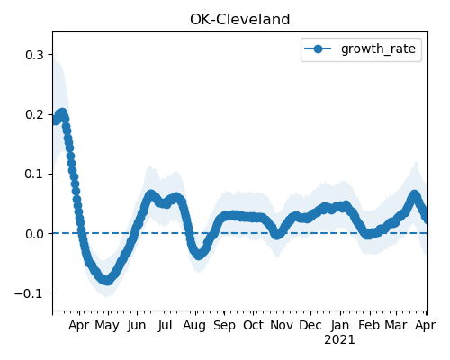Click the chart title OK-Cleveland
tap(240, 20)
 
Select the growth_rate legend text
tap(378, 49)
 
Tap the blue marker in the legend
tap(318, 49)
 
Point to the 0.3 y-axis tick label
tap(34, 55)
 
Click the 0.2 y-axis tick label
tap(34, 114)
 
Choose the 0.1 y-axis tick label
tap(34, 174)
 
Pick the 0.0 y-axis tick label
tap(34, 234)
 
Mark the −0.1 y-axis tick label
tap(29, 293)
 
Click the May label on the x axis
tap(107, 326)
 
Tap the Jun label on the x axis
tap(137, 326)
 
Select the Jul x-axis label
tap(165, 326)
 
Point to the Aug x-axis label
tap(194, 326)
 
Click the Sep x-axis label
tap(224, 326)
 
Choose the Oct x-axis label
tap(254, 326)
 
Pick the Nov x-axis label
tap(282, 326)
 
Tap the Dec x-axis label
tap(310, 326)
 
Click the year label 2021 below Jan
tap(339, 340)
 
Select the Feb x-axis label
tap(369, 326)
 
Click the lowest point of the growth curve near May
tap(107, 280)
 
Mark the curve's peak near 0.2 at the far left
tap(62, 113)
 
